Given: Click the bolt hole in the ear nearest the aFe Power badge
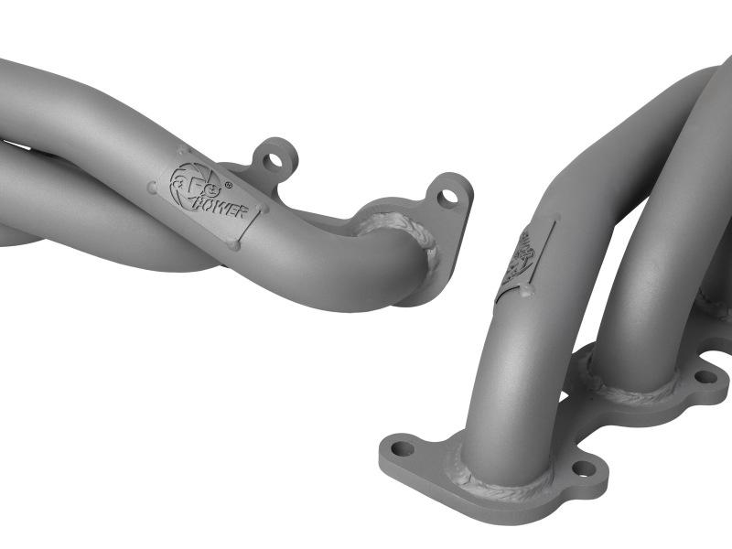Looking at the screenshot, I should click(x=272, y=161).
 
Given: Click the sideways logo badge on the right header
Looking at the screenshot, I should click(x=525, y=261).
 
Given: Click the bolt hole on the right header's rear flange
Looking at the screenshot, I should click(x=705, y=376).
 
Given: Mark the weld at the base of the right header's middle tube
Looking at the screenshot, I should click(x=631, y=385).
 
